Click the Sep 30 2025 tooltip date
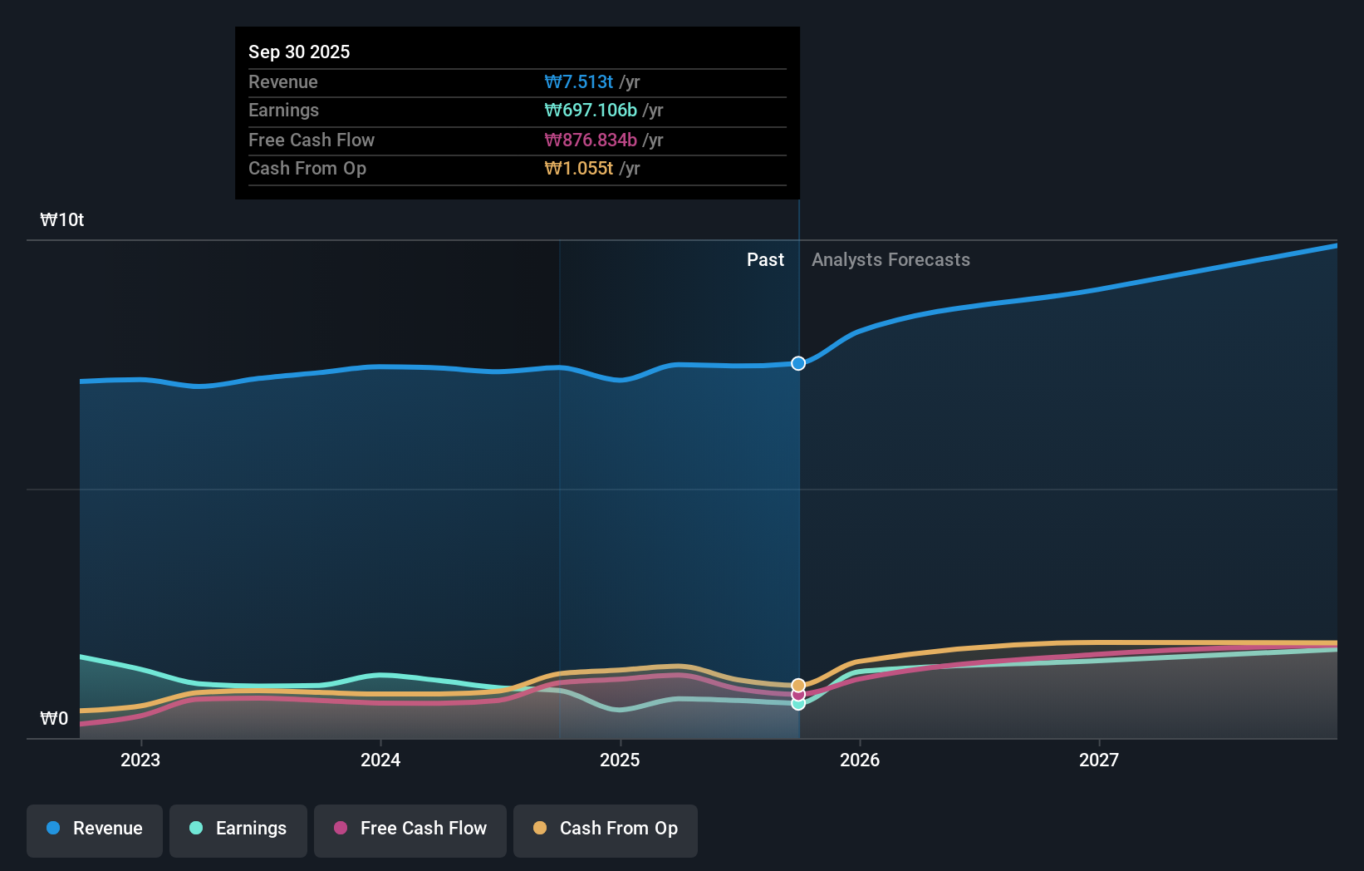click(x=299, y=52)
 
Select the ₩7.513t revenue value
click(x=579, y=81)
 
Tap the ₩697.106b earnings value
click(x=591, y=110)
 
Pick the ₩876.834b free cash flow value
click(x=591, y=140)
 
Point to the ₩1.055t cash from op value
click(x=579, y=168)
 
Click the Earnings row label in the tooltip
click(x=283, y=110)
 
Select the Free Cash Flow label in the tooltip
click(x=312, y=140)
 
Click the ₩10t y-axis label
click(x=62, y=219)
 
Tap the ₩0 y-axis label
click(x=54, y=718)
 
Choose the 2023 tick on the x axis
click(x=140, y=760)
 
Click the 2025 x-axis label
click(x=620, y=760)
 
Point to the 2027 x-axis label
click(x=1098, y=760)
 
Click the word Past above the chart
click(x=765, y=259)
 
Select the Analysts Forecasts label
click(x=891, y=259)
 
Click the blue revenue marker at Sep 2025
click(x=798, y=363)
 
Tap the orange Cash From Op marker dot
click(x=798, y=686)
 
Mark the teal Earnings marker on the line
click(x=798, y=704)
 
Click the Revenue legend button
click(x=95, y=829)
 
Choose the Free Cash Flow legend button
click(x=410, y=829)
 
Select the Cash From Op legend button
click(x=606, y=829)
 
